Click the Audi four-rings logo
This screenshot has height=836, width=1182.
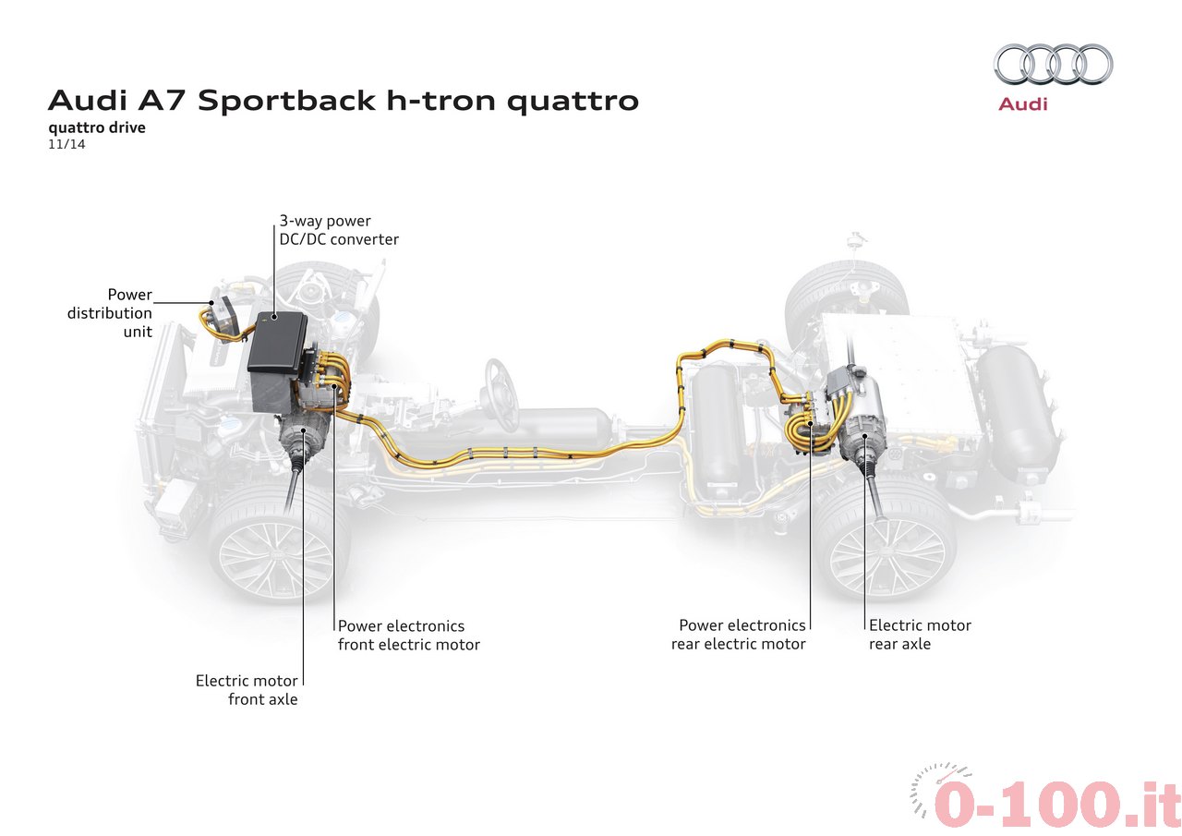click(1054, 64)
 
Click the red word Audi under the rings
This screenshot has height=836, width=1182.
click(1022, 104)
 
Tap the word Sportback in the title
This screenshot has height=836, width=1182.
click(286, 101)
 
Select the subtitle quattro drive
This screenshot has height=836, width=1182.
click(97, 127)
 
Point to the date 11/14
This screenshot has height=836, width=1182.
click(66, 144)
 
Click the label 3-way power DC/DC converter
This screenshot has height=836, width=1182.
click(339, 230)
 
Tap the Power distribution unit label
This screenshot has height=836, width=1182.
click(110, 313)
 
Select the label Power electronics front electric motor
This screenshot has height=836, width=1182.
click(409, 635)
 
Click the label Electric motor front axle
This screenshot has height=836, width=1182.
click(247, 690)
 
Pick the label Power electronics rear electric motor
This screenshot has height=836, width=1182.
click(738, 635)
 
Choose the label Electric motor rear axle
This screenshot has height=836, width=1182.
click(920, 635)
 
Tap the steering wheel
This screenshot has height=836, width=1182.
click(501, 394)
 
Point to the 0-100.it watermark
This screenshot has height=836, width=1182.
click(1044, 801)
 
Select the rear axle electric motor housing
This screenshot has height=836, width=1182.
click(862, 430)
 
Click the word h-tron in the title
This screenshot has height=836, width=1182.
click(441, 101)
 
